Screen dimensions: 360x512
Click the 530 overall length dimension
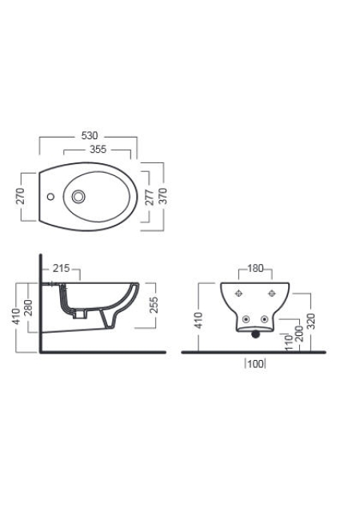point(89,135)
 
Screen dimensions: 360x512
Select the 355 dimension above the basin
point(98,150)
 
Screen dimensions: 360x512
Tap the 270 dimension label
point(20,196)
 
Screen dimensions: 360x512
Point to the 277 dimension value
point(150,197)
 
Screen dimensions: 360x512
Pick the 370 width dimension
point(162,196)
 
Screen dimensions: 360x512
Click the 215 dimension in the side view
point(62,269)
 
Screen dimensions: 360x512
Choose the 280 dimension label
point(28,307)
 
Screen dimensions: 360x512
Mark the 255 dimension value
point(154,305)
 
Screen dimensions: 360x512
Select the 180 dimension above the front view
point(255,269)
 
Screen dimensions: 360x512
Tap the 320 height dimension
point(310,322)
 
